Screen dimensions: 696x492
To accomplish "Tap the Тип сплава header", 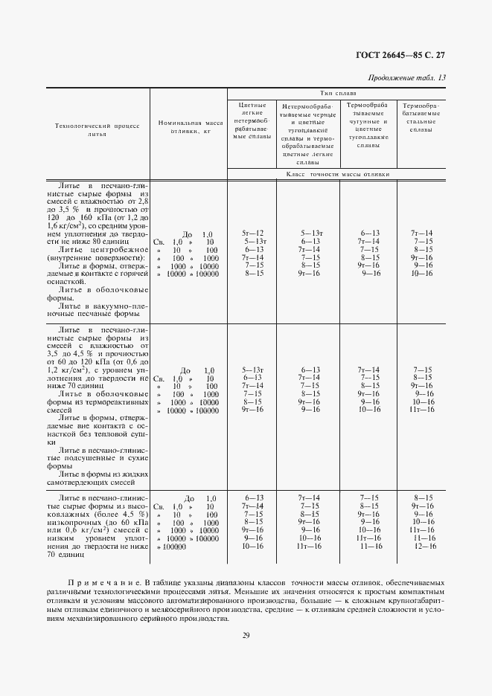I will (338, 94).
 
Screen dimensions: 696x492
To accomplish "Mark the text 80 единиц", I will (110, 241).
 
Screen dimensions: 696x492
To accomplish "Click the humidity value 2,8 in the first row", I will (143, 201).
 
